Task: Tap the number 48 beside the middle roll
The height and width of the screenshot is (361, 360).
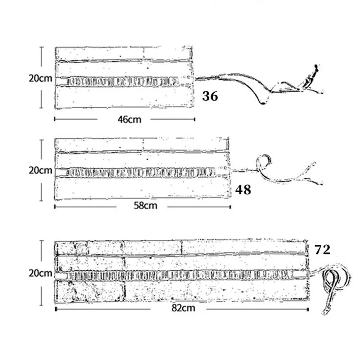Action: pos(243,190)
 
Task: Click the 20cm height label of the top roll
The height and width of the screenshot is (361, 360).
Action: pos(40,77)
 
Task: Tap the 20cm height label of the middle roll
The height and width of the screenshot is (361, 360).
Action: pos(40,170)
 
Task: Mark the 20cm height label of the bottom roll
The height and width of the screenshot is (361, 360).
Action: pos(40,272)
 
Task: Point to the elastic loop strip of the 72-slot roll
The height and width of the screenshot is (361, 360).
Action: pos(180,273)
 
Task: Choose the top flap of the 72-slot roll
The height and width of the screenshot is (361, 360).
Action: pos(180,248)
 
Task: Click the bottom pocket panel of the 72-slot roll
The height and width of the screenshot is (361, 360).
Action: pos(180,291)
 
